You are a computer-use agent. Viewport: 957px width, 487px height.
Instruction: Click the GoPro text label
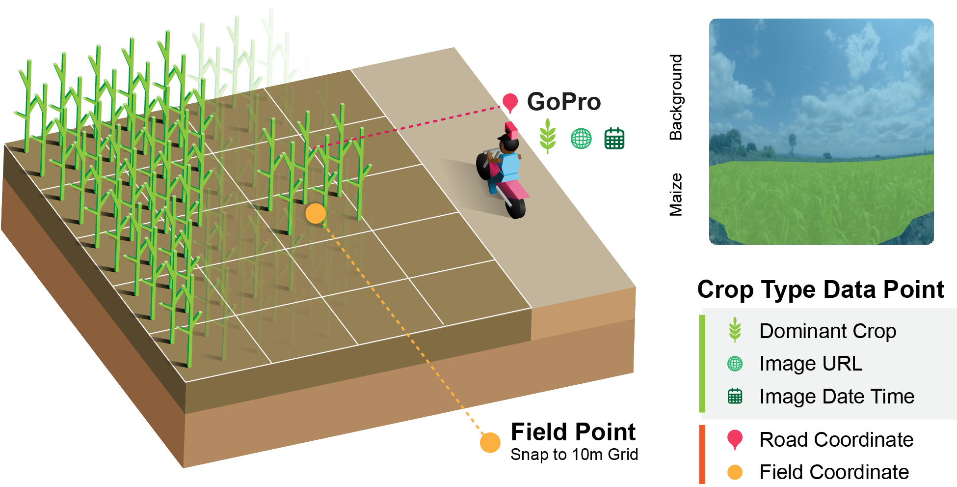[564, 102]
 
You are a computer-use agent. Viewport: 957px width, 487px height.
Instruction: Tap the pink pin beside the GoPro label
[510, 102]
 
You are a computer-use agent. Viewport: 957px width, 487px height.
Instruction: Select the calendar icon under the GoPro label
[614, 138]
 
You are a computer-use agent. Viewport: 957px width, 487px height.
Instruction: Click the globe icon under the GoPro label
[581, 139]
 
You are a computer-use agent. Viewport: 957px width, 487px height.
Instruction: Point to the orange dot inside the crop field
[316, 214]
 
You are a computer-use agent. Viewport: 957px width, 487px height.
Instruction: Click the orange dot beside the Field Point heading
[490, 442]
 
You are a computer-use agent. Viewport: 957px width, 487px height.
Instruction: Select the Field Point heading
[573, 432]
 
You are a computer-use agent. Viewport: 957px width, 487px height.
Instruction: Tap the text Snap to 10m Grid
[574, 455]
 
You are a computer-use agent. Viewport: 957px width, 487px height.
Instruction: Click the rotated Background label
[676, 97]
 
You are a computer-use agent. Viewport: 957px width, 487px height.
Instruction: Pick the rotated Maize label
[676, 195]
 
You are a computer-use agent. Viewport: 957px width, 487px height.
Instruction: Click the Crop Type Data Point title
[821, 289]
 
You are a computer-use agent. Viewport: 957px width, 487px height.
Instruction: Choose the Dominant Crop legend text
[827, 331]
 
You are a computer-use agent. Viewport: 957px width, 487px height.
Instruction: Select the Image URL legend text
[811, 364]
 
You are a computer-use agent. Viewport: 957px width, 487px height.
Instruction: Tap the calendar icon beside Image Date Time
[735, 396]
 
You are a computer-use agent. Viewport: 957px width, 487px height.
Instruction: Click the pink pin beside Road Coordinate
[735, 439]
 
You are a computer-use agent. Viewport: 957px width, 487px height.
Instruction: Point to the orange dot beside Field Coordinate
[735, 472]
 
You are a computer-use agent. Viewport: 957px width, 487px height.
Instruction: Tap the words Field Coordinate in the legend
[834, 472]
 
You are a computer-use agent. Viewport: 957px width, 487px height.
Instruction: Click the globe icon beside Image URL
[735, 364]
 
